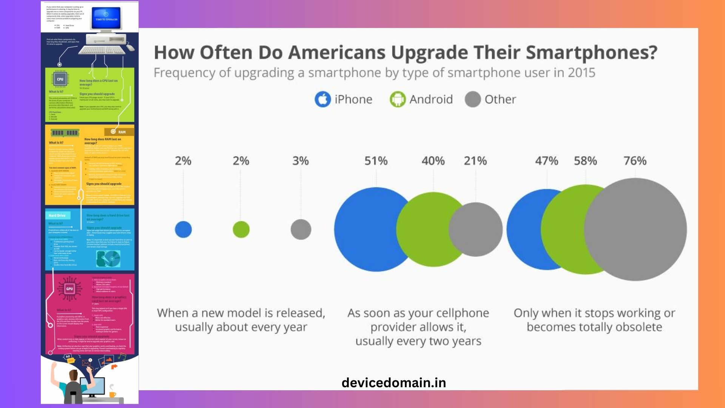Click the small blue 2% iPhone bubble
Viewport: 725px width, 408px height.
183,229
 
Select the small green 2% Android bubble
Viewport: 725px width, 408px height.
241,229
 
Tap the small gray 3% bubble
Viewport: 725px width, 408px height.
301,229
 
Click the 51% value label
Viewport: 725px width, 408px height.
376,161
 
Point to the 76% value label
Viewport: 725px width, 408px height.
635,161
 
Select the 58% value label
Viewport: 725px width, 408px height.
585,161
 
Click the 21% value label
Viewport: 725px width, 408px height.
475,161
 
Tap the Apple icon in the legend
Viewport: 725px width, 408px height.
322,99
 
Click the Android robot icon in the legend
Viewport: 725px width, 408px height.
397,99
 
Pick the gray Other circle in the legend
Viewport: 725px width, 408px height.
472,99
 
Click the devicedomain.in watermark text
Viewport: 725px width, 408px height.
393,383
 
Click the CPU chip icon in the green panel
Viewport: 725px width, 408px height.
60,79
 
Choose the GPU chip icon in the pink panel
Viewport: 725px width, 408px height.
69,289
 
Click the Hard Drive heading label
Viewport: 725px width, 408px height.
57,215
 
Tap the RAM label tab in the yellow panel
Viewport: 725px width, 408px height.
122,132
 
